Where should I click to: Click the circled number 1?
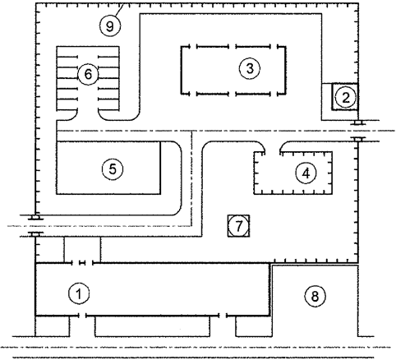pyautogui.click(x=79, y=292)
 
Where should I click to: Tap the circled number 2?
pyautogui.click(x=347, y=97)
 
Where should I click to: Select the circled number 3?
pyautogui.click(x=245, y=68)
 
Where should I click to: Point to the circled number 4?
pyautogui.click(x=305, y=173)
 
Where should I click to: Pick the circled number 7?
pyautogui.click(x=238, y=226)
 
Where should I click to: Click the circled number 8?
pyautogui.click(x=313, y=293)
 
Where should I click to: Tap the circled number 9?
pyautogui.click(x=113, y=25)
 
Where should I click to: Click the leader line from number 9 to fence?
pyautogui.click(x=122, y=12)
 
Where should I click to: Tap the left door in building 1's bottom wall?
pyautogui.click(x=81, y=315)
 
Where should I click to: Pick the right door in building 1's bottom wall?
pyautogui.click(x=228, y=315)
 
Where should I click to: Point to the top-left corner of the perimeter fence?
pyautogui.click(x=37, y=4)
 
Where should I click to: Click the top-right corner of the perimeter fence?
pyautogui.click(x=357, y=4)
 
